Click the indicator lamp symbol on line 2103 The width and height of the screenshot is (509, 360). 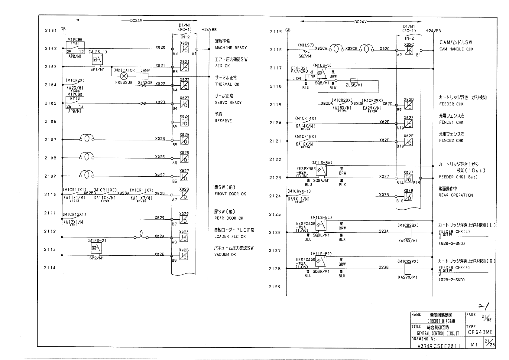pyautogui.click(x=124, y=76)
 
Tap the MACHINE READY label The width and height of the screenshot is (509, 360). pyautogui.click(x=231, y=48)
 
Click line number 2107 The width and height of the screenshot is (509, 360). pyautogui.click(x=50, y=140)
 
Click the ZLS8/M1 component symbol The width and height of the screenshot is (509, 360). pyautogui.click(x=354, y=80)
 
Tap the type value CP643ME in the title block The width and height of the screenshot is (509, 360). pyautogui.click(x=480, y=332)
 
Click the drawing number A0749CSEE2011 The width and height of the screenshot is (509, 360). pyautogui.click(x=439, y=346)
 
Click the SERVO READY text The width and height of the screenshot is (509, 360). pyautogui.click(x=228, y=103)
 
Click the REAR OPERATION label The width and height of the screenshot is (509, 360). pyautogui.click(x=456, y=195)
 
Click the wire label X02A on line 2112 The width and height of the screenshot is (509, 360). pyautogui.click(x=159, y=236)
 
